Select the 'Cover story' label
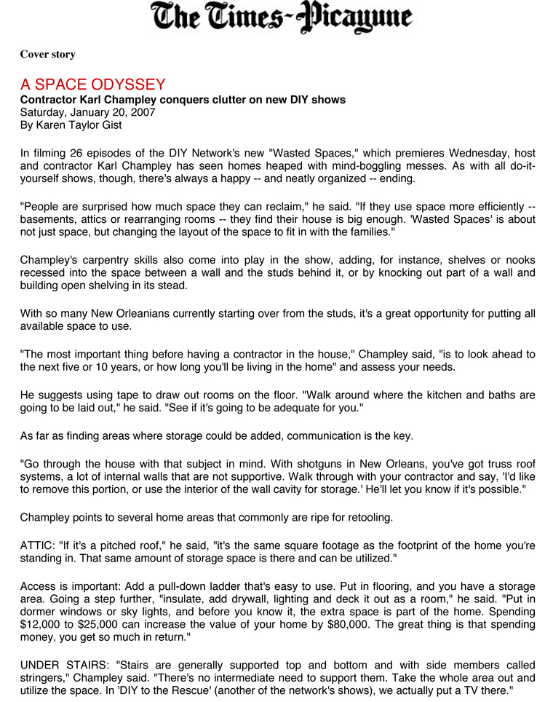pos(47,55)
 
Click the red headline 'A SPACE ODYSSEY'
pos(92,84)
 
